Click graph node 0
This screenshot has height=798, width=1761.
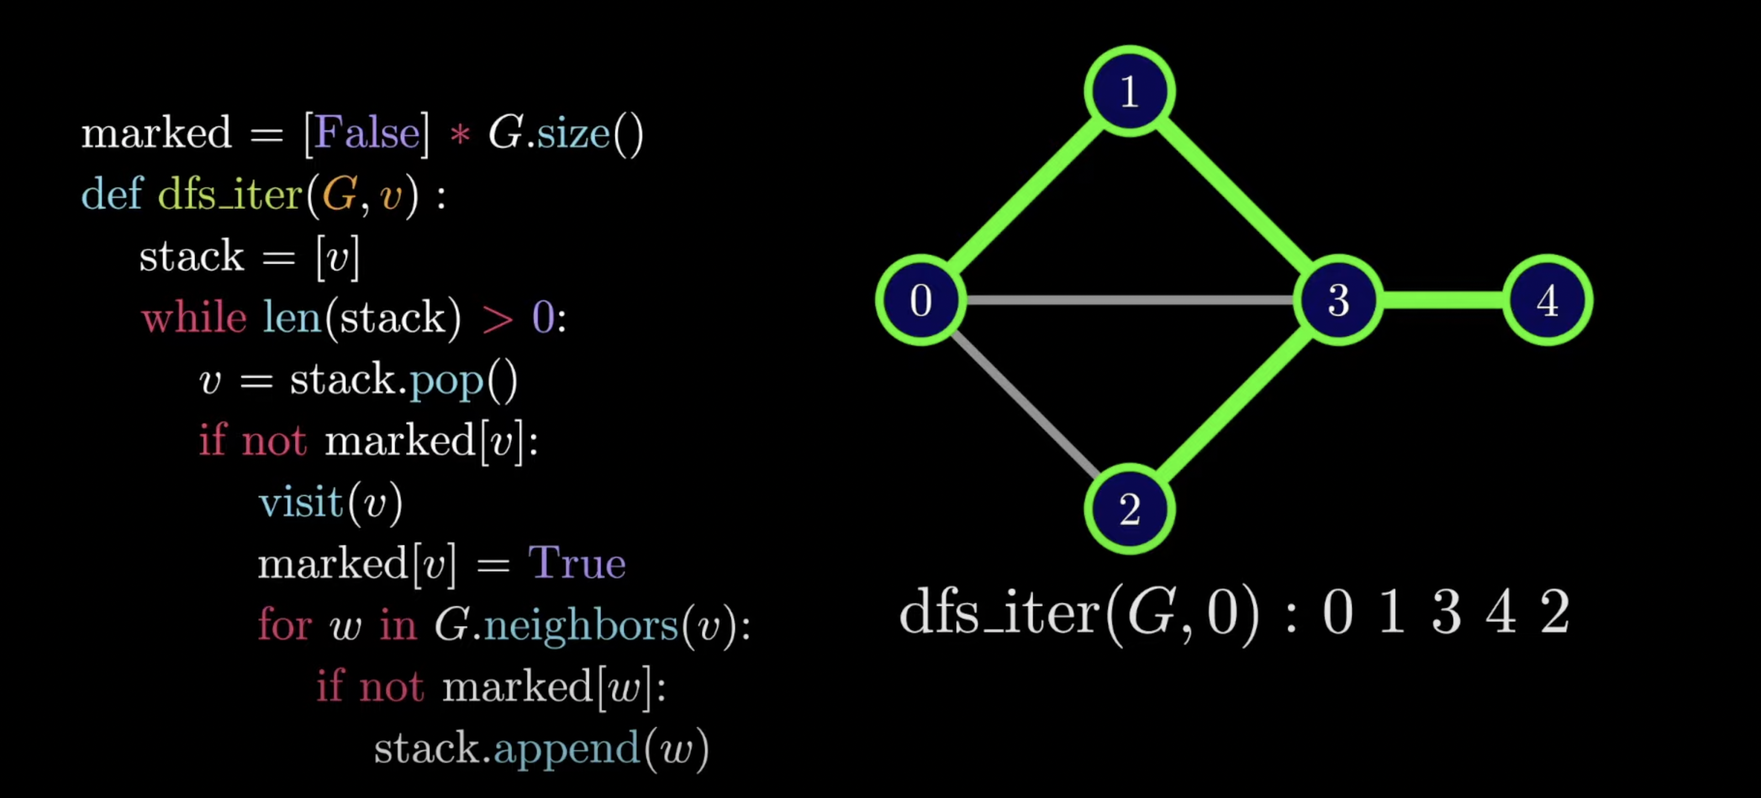pos(921,300)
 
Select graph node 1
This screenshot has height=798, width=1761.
pos(1129,92)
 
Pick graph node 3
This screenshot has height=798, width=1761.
pos(1338,300)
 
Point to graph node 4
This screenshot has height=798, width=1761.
pos(1548,300)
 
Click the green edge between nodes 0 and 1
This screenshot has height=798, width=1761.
pos(1025,196)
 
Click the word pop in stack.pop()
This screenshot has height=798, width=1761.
pos(446,380)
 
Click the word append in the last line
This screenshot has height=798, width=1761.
pos(567,749)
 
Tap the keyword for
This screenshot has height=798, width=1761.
pos(284,626)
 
